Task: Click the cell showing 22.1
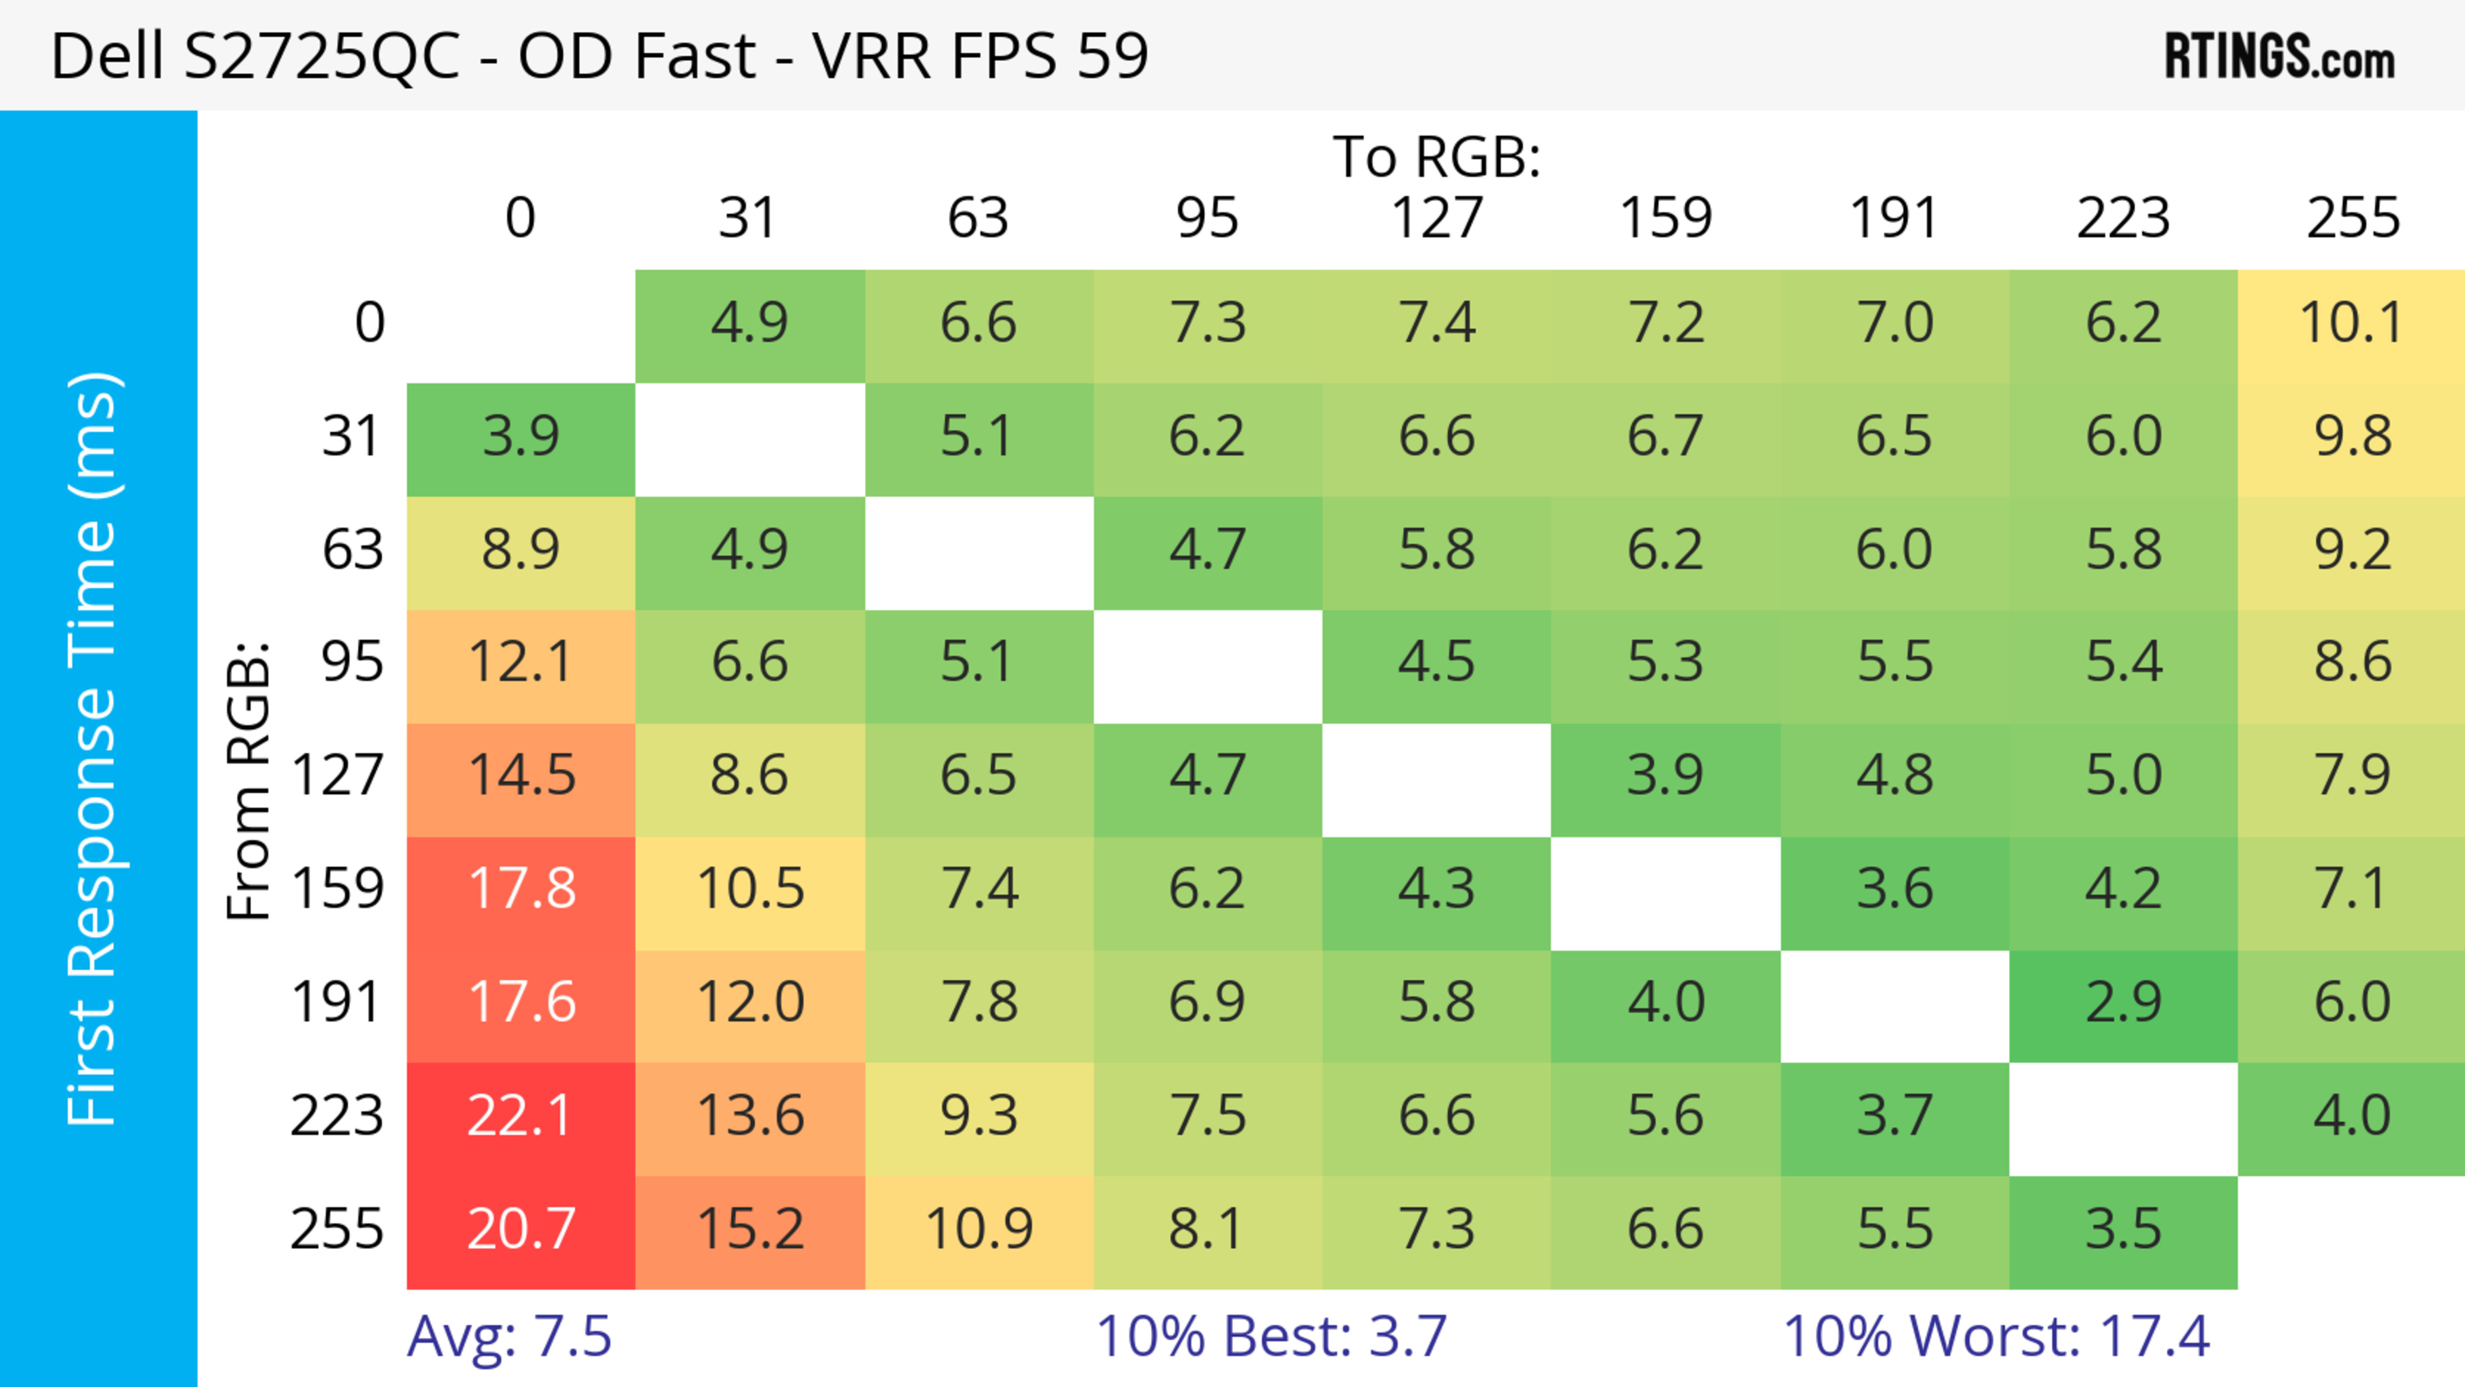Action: click(521, 1116)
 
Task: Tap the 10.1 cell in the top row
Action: click(2351, 323)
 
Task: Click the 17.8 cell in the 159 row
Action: click(521, 890)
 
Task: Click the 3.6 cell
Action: click(1895, 890)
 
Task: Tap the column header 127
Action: click(1437, 218)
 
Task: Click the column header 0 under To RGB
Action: click(521, 218)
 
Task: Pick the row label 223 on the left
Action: click(337, 1116)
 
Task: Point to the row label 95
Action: click(352, 662)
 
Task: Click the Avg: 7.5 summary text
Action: click(509, 1336)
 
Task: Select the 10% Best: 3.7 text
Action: click(1271, 1336)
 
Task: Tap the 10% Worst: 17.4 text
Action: click(1996, 1336)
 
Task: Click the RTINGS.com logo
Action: click(2279, 57)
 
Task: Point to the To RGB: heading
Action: click(1437, 157)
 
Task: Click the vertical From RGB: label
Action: click(249, 780)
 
